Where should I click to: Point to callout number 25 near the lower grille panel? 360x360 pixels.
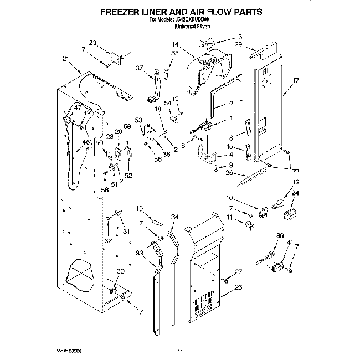(239, 287)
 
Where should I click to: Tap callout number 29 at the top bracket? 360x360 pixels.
(238, 44)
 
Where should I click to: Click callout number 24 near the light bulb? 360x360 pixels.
(295, 193)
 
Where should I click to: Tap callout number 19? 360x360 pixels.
(140, 208)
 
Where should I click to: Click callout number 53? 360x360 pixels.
(138, 120)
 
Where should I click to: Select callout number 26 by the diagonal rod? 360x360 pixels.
(229, 173)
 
